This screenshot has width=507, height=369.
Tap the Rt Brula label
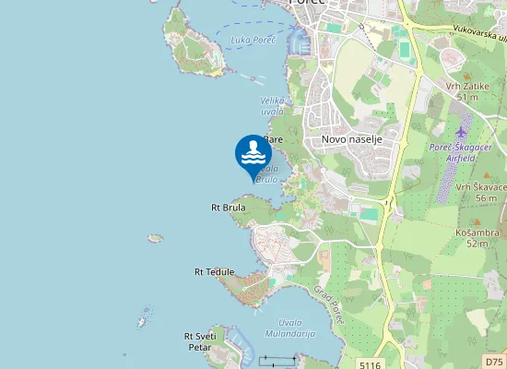point(229,208)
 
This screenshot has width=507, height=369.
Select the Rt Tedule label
point(214,272)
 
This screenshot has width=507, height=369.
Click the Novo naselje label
point(351,139)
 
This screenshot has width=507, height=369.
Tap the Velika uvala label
point(272,105)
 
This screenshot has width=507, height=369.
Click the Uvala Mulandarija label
point(284,328)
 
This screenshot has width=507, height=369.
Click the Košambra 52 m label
point(477,238)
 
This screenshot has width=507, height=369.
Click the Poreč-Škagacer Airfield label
point(466,153)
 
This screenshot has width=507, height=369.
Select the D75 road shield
point(494,363)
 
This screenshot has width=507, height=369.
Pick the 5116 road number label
point(371,363)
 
